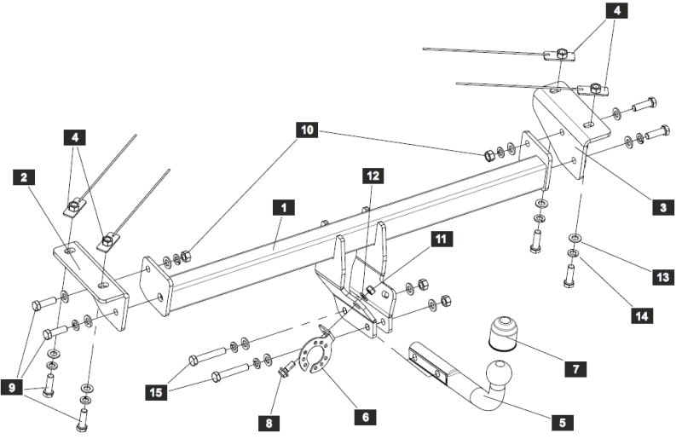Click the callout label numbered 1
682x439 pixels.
coord(284,207)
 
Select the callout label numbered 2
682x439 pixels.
coord(24,177)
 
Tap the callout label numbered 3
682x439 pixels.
coord(663,207)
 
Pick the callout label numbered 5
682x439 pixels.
coord(563,423)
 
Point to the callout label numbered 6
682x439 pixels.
coord(366,417)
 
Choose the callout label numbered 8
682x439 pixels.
coord(269,423)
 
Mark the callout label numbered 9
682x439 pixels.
coord(12,387)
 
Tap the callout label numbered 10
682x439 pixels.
coord(307,130)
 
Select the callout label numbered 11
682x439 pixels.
coord(442,239)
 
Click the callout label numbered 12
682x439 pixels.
coord(373,176)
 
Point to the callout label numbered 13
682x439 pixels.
coord(663,277)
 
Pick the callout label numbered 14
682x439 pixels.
coord(642,315)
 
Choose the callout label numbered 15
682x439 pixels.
coord(156,392)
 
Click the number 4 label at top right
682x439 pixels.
coord(616,10)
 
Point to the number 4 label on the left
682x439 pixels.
coord(75,137)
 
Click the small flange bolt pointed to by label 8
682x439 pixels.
coord(287,369)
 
